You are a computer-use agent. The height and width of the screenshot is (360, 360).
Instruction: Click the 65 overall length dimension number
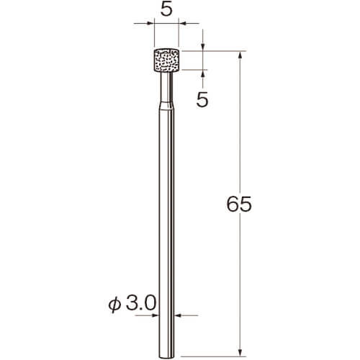[239, 204]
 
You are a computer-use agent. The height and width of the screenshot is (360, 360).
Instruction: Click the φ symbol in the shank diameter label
[114, 305]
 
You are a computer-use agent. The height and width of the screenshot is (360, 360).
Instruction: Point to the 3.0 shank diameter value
[141, 303]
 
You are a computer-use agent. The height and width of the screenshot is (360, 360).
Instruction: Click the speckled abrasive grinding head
[166, 60]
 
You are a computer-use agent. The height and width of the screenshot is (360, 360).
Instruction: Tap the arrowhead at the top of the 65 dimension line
[240, 55]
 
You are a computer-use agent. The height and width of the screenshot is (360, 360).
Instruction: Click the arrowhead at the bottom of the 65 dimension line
[240, 352]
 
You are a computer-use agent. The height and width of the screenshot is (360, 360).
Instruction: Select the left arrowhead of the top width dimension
[150, 23]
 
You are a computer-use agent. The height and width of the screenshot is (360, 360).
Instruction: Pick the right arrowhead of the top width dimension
[183, 23]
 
